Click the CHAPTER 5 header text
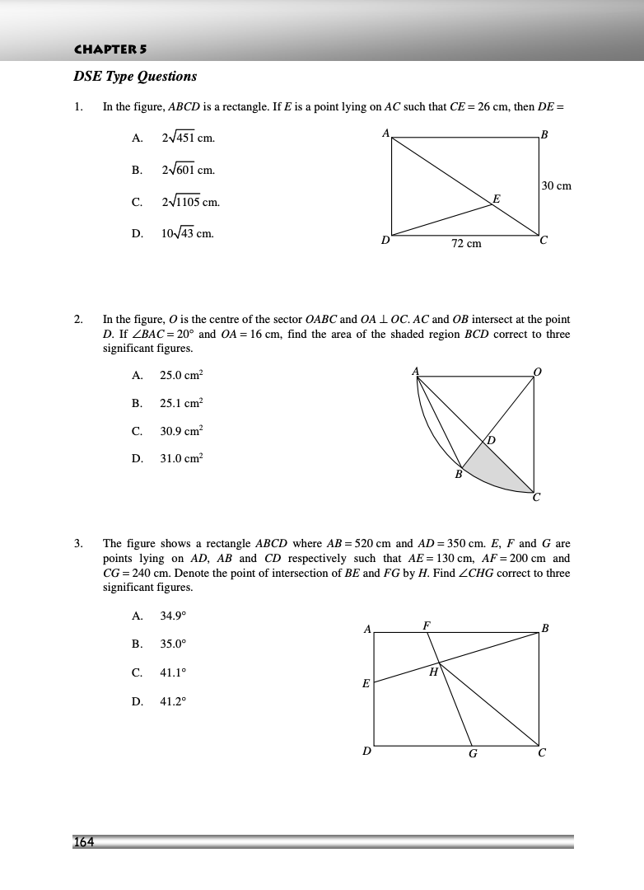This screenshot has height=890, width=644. (x=110, y=49)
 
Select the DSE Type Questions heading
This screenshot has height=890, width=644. (x=135, y=77)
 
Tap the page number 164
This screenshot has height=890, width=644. (x=84, y=841)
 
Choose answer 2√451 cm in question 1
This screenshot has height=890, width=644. (x=188, y=138)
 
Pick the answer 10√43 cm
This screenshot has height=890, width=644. (x=187, y=233)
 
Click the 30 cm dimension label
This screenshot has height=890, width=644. (x=557, y=186)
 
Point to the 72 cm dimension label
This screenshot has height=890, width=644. (x=466, y=244)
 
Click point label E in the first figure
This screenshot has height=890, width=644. (x=496, y=199)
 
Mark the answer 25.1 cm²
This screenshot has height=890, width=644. (x=181, y=403)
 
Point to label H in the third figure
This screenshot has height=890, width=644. (x=433, y=672)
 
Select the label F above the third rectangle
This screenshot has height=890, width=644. (x=426, y=625)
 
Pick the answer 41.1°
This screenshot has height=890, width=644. (x=173, y=672)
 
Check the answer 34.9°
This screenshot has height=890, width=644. (x=173, y=616)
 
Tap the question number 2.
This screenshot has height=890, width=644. (x=78, y=319)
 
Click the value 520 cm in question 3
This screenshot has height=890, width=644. (x=373, y=544)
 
